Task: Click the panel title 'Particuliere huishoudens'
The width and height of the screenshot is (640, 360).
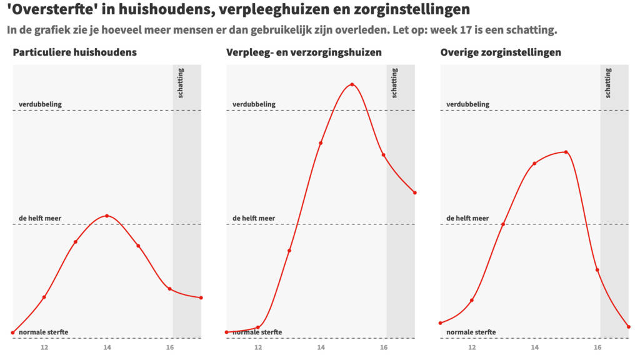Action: click(x=74, y=52)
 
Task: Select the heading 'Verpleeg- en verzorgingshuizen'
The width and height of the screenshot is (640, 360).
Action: click(x=304, y=52)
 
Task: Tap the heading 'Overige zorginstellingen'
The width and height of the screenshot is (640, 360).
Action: click(x=501, y=52)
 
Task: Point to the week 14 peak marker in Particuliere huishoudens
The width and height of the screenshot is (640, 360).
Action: click(x=107, y=216)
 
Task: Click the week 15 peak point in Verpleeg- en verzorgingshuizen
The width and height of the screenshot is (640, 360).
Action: click(x=352, y=84)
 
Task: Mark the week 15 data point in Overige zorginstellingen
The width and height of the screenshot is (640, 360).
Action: click(x=566, y=152)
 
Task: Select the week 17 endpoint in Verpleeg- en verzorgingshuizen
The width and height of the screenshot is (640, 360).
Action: click(x=415, y=192)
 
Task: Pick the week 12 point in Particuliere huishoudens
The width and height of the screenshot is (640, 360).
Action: click(x=44, y=297)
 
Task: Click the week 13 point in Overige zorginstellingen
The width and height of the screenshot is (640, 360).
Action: click(x=502, y=224)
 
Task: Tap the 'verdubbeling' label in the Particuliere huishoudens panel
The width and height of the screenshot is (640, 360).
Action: click(x=40, y=104)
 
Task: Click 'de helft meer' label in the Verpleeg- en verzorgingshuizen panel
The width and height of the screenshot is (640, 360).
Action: click(x=254, y=218)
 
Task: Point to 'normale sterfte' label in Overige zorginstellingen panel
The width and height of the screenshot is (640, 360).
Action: click(x=471, y=332)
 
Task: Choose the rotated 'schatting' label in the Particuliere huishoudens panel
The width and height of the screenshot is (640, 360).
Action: click(x=181, y=83)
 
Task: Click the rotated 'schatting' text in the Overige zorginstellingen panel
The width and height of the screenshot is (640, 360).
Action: click(x=609, y=83)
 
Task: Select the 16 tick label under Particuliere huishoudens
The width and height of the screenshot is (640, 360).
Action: click(x=169, y=347)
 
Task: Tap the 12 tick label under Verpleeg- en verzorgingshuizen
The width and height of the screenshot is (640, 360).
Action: click(x=258, y=347)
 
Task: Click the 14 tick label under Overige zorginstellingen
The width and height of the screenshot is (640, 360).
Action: click(x=534, y=347)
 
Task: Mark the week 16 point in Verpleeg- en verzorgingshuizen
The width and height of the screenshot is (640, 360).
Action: click(x=383, y=155)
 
